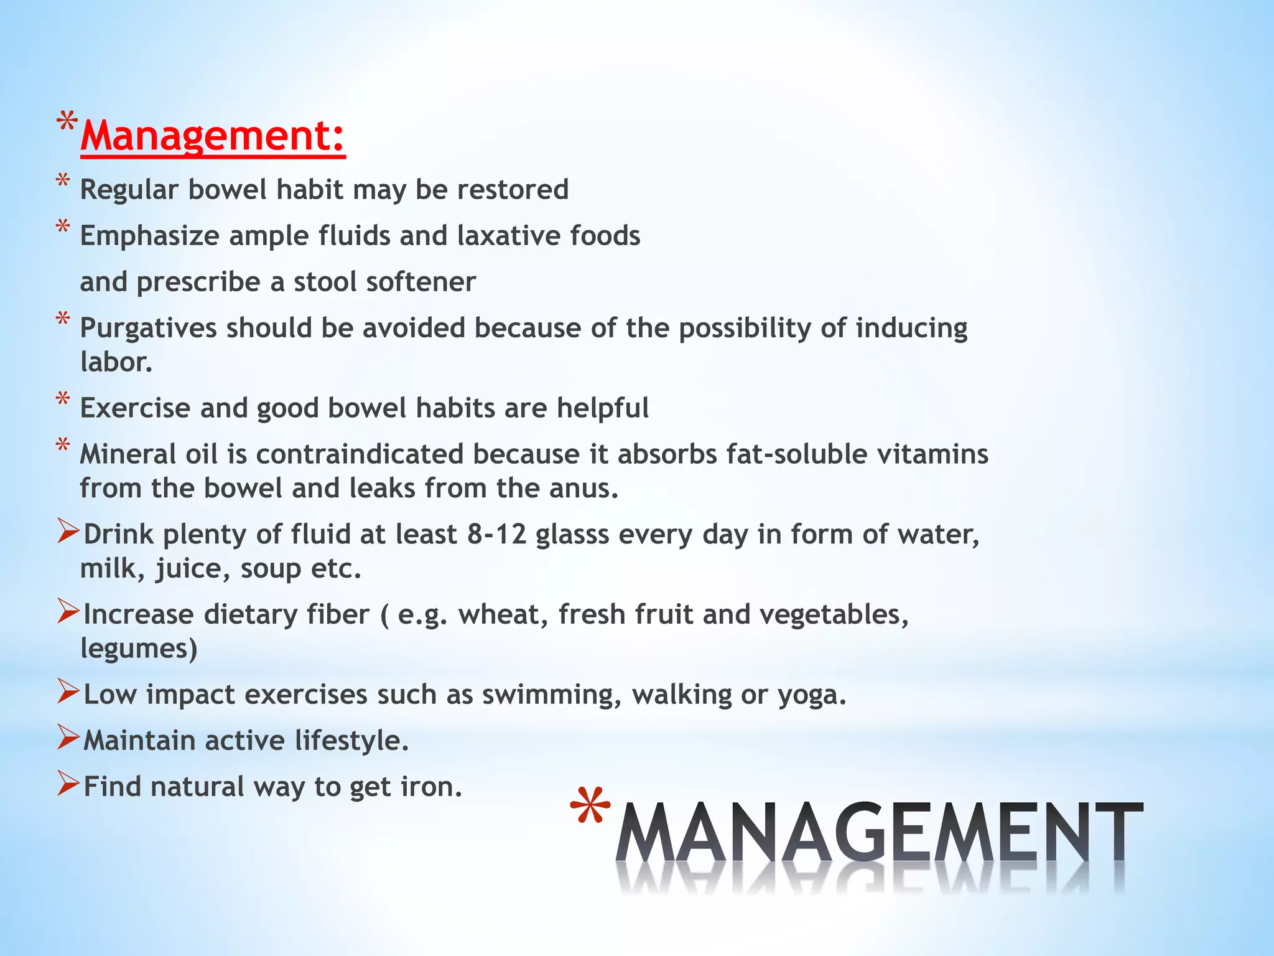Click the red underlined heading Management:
pyautogui.click(x=213, y=136)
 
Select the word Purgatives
pyautogui.click(x=148, y=329)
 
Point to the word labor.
pyautogui.click(x=116, y=362)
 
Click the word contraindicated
pyautogui.click(x=360, y=454)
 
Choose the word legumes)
pyautogui.click(x=139, y=649)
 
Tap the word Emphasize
pyautogui.click(x=149, y=237)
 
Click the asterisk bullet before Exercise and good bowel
pyautogui.click(x=63, y=400)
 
